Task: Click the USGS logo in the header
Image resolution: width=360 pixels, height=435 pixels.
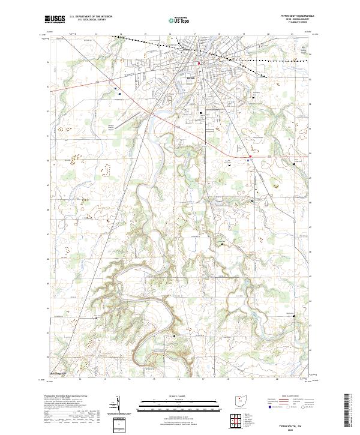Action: tap(54, 19)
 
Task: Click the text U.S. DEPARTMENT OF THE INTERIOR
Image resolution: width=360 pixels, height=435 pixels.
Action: tap(91, 17)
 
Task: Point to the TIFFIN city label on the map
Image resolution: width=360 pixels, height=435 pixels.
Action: tap(191, 78)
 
